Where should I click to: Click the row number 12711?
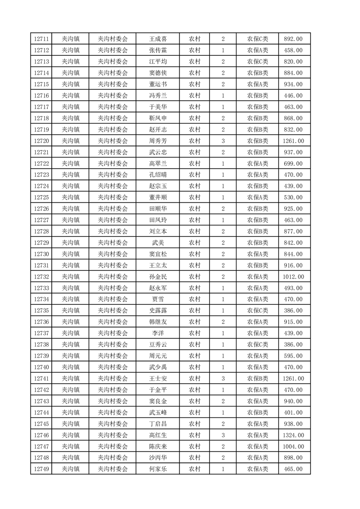coord(41,39)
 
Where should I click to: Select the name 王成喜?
coord(158,39)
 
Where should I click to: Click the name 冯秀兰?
coord(158,96)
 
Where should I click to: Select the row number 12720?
coord(41,141)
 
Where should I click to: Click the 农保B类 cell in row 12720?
coord(257,141)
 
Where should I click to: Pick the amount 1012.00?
coord(293,277)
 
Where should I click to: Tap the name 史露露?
coord(158,311)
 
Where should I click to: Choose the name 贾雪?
coord(158,299)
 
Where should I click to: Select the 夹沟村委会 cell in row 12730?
coord(113,254)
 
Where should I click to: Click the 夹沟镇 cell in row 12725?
coord(70,198)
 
